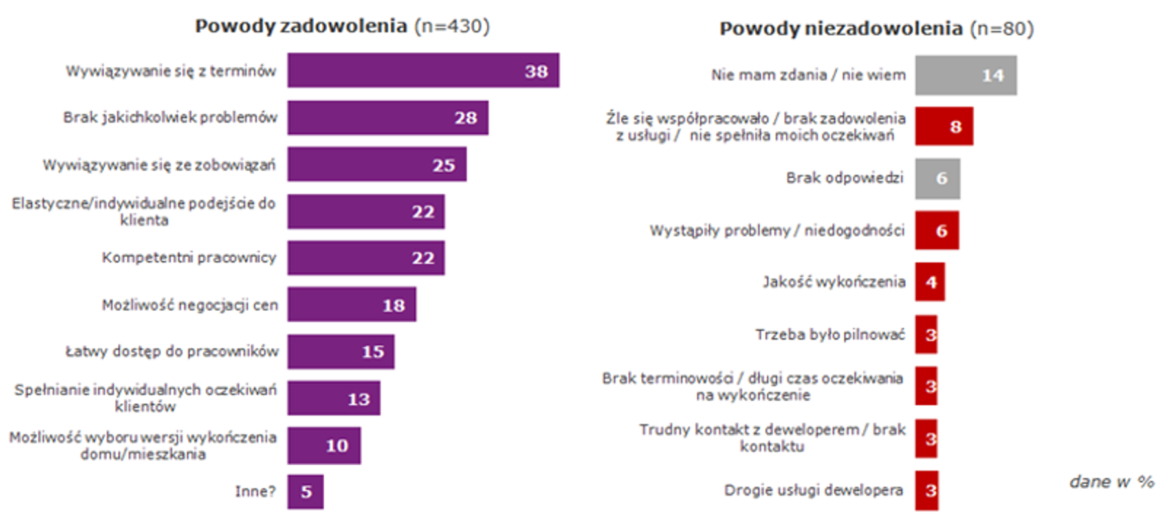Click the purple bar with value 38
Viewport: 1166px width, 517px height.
pyautogui.click(x=423, y=70)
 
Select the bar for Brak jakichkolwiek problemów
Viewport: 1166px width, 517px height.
pyautogui.click(x=388, y=118)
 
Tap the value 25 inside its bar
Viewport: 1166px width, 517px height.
pyautogui.click(x=444, y=165)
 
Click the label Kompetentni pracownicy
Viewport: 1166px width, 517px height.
pyautogui.click(x=189, y=258)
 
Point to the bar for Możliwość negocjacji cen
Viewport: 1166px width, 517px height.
pyautogui.click(x=351, y=304)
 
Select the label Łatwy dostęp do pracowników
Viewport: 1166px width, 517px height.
pyautogui.click(x=172, y=352)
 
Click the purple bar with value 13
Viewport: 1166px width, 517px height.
pyautogui.click(x=334, y=398)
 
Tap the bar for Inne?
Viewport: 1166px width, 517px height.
pyautogui.click(x=305, y=492)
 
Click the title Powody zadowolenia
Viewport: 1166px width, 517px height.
pyautogui.click(x=301, y=26)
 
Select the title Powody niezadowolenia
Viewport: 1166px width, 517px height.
pyautogui.click(x=841, y=29)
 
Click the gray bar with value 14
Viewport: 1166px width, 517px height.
pyautogui.click(x=965, y=76)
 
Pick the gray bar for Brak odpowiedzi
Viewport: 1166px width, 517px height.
pyautogui.click(x=937, y=178)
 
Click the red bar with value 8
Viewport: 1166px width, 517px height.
pyautogui.click(x=943, y=127)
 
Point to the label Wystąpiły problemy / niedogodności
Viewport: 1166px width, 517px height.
pyautogui.click(x=777, y=231)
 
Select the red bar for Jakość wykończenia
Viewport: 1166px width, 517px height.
pyautogui.click(x=930, y=282)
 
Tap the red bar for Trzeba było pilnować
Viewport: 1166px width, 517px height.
pyautogui.click(x=926, y=335)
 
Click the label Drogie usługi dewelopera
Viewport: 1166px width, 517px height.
pyautogui.click(x=813, y=491)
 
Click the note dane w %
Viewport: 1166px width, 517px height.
pyautogui.click(x=1112, y=482)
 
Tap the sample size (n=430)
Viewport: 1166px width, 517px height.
pyautogui.click(x=452, y=26)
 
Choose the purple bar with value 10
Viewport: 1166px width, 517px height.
pyautogui.click(x=324, y=445)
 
